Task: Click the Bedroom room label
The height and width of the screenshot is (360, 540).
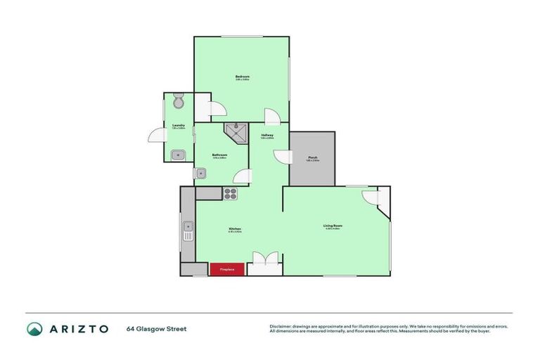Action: click(x=243, y=76)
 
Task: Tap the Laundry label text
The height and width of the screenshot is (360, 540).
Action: click(x=179, y=125)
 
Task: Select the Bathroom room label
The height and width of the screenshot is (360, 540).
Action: click(x=220, y=155)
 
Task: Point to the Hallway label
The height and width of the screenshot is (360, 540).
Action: click(x=267, y=135)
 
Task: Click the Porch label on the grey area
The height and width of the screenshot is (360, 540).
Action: click(x=312, y=157)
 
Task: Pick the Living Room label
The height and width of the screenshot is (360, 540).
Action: click(x=332, y=226)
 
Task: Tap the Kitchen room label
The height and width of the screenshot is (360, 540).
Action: click(x=235, y=229)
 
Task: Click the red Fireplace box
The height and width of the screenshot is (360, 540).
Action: click(x=226, y=269)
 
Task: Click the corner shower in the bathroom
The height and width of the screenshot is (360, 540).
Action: click(x=237, y=131)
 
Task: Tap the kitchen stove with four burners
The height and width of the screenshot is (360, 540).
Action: click(x=231, y=193)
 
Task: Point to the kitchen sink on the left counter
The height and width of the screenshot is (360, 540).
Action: click(x=188, y=231)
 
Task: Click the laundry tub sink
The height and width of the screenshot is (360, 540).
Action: click(x=179, y=154)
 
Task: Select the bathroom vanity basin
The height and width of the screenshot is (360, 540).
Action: click(x=201, y=172)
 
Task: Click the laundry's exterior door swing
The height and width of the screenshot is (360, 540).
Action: click(x=155, y=136)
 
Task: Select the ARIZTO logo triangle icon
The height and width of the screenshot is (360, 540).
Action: click(x=34, y=328)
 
